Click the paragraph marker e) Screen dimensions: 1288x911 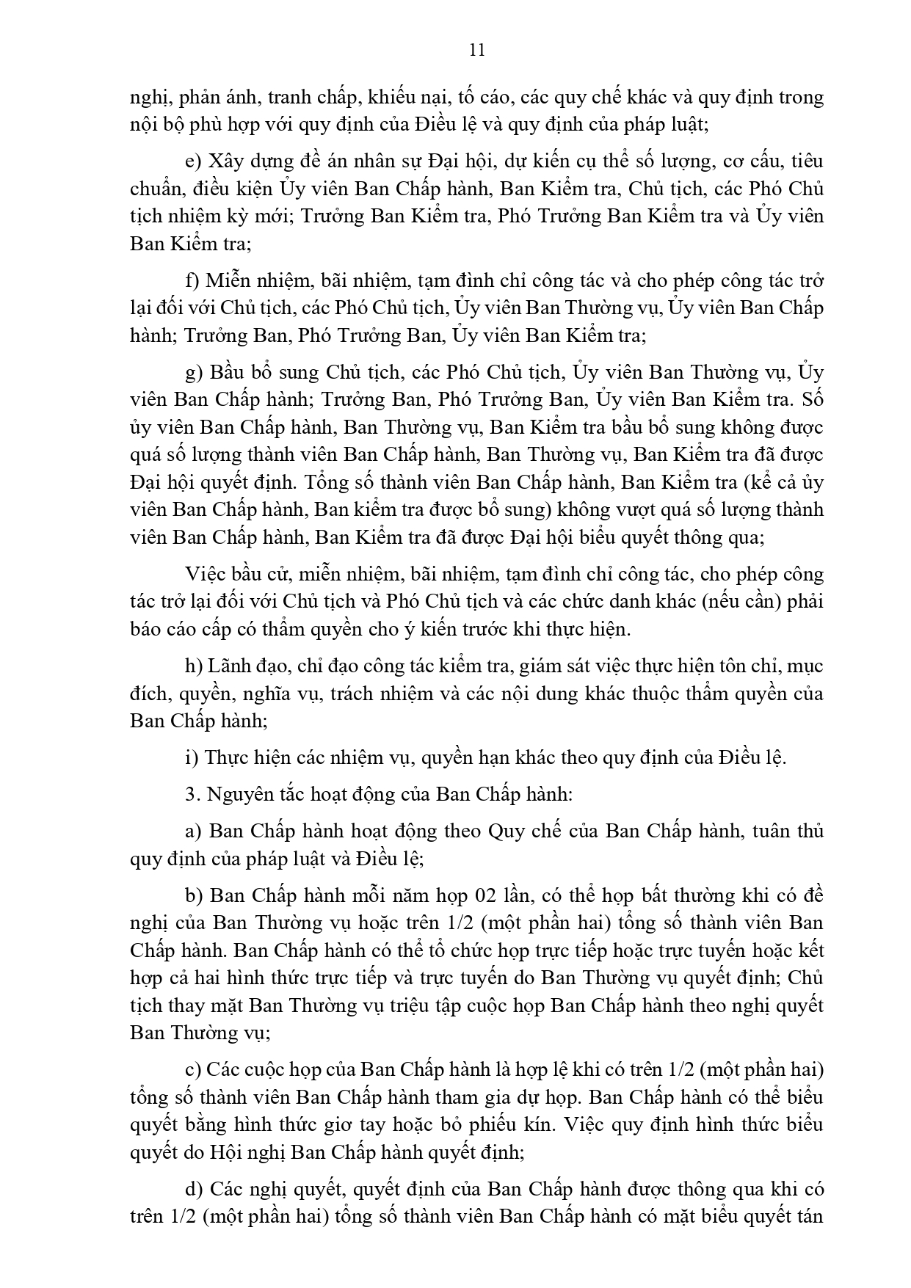tap(193, 161)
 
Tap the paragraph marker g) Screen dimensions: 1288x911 tap(194, 373)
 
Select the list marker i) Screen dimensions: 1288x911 tap(192, 757)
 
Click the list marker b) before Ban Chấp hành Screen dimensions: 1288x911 tap(194, 896)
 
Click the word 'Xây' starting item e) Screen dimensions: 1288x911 tap(225, 161)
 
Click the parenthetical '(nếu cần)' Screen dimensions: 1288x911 tap(740, 602)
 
